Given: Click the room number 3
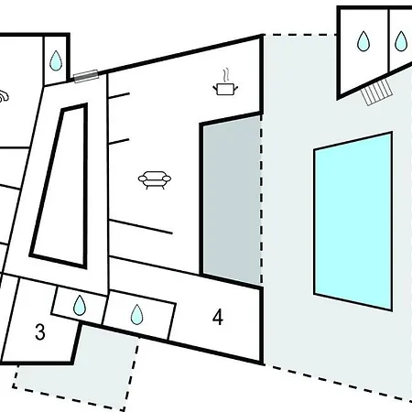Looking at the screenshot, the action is click(40, 332).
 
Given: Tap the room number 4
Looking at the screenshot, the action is click(218, 318).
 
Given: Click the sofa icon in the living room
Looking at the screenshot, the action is click(155, 180).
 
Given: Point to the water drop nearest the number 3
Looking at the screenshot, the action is click(80, 305).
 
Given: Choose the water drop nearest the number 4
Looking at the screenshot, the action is click(136, 314).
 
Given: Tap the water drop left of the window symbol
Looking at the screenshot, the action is click(56, 60).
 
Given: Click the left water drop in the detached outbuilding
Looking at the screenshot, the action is click(363, 40).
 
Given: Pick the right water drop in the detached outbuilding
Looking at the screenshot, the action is click(401, 41).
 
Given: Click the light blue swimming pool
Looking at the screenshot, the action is click(353, 222).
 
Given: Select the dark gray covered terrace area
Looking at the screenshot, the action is click(232, 200).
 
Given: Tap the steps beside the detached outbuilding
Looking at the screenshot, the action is click(376, 92).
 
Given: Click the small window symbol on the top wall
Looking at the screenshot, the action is click(86, 76).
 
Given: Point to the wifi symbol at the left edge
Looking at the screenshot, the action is click(4, 96).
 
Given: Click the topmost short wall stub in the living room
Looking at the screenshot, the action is click(119, 95).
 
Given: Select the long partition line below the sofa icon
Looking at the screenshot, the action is click(141, 226).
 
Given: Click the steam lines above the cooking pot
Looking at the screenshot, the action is click(225, 75).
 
